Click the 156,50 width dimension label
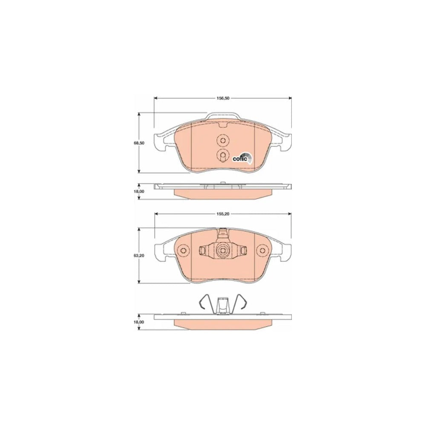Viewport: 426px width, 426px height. point(223,98)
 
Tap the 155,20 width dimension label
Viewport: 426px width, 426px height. point(223,214)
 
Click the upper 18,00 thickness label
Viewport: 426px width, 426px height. point(139,191)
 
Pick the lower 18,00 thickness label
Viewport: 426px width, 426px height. point(139,322)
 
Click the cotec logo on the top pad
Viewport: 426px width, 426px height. point(242,158)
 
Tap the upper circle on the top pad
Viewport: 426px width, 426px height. point(223,141)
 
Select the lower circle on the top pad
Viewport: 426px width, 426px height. point(223,155)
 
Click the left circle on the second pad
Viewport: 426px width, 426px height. point(183,250)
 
